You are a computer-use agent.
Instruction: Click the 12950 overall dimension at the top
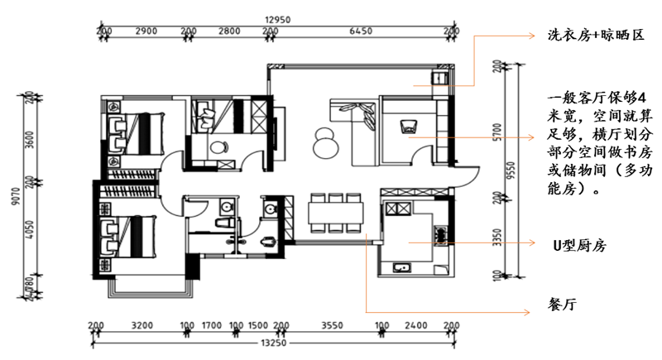[x=278, y=20]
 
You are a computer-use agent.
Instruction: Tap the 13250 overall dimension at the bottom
[x=274, y=343]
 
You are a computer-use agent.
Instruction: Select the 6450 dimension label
[x=361, y=31]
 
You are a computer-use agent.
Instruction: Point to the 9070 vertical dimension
[x=16, y=196]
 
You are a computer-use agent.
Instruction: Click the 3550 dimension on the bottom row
[x=333, y=325]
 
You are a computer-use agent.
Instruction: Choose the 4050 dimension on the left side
[x=30, y=229]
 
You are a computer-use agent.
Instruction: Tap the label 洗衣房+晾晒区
[x=596, y=35]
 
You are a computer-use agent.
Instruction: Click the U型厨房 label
[x=580, y=245]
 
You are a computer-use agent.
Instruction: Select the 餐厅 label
[x=562, y=304]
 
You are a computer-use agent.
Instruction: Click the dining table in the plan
[x=336, y=214]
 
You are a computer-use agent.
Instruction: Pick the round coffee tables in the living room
[x=325, y=142]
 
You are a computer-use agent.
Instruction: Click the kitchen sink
[x=401, y=267]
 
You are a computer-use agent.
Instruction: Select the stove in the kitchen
[x=440, y=235]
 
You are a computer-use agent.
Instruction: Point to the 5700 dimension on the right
[x=497, y=132]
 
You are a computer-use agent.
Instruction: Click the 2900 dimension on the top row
[x=146, y=31]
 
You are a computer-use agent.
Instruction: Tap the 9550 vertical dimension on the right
[x=511, y=170]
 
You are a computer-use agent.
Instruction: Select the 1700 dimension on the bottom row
[x=212, y=325]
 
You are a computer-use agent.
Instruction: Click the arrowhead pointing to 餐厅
[x=527, y=312]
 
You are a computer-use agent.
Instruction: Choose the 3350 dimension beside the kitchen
[x=497, y=238]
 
